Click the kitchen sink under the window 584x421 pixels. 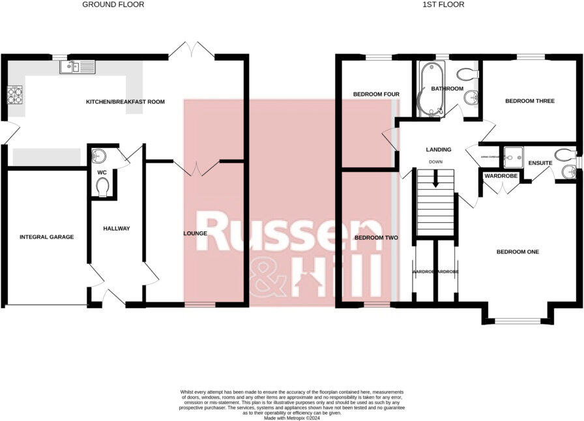(78, 66)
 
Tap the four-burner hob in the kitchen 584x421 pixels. (14, 96)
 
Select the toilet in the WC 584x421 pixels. (102, 187)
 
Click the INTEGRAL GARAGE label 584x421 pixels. (46, 237)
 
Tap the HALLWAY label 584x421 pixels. (117, 228)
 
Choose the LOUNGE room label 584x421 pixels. (195, 233)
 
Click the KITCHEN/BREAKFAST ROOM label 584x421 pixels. (125, 102)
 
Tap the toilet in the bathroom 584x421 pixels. (467, 74)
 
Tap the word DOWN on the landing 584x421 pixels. (436, 161)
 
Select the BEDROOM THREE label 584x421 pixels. (530, 101)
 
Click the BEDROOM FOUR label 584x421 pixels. (376, 94)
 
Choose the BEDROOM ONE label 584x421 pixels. (518, 252)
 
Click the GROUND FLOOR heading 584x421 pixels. (113, 5)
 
